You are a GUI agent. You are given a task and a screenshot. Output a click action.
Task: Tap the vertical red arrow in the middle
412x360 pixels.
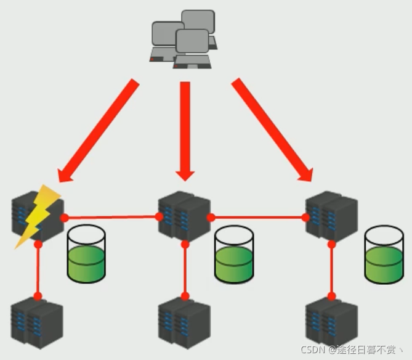pyautogui.click(x=185, y=129)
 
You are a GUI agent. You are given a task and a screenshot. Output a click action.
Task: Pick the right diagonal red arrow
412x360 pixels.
pyautogui.click(x=272, y=130)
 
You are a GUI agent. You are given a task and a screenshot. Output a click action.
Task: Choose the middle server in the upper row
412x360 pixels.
pyautogui.click(x=184, y=215)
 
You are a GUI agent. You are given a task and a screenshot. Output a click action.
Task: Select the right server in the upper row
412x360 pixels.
pyautogui.click(x=331, y=215)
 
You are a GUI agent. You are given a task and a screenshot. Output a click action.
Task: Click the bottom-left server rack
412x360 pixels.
pyautogui.click(x=36, y=322)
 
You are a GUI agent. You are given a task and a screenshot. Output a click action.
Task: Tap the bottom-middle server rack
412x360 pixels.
pyautogui.click(x=184, y=322)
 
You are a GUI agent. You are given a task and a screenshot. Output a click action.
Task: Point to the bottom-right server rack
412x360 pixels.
pyautogui.click(x=331, y=322)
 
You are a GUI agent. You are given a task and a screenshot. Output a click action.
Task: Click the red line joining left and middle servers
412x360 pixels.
pyautogui.click(x=111, y=217)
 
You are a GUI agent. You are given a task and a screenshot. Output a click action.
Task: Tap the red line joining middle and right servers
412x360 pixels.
pyautogui.click(x=259, y=218)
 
